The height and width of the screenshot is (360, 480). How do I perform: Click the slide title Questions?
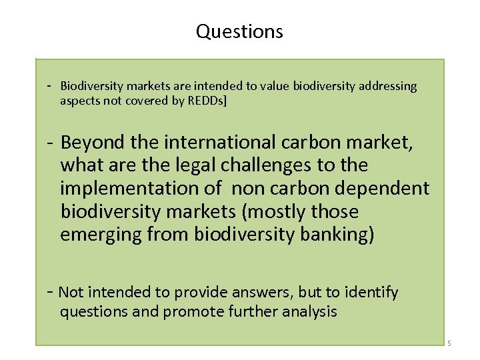pos(239,31)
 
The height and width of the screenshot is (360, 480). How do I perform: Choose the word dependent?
pos(385,189)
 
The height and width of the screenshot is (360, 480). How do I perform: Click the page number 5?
pos(449,344)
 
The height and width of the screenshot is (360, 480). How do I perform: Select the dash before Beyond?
pos(49,142)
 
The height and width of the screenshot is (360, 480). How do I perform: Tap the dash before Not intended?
pos(49,292)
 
